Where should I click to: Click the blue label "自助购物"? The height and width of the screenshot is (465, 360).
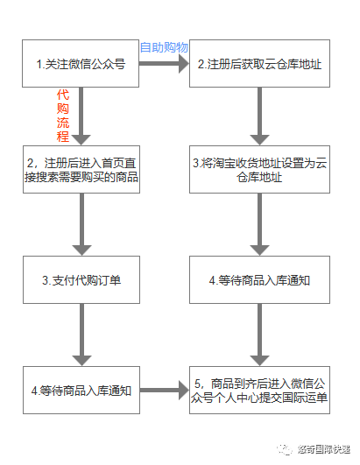pos(164,46)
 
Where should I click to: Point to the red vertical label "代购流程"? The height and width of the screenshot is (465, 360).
pos(62,115)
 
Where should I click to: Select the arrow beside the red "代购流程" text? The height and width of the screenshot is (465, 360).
pos(81,115)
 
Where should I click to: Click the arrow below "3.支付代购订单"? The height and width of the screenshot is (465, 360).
pos(81,334)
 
